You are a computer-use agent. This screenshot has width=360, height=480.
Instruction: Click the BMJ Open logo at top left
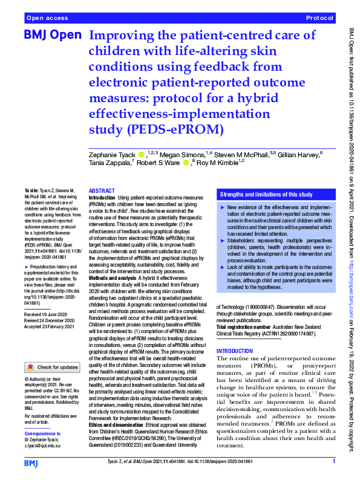click(52, 35)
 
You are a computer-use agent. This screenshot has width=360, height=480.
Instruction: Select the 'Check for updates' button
click(52, 367)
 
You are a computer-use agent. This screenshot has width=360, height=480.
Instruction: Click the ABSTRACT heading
click(101, 190)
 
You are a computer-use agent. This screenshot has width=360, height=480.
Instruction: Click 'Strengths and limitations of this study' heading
click(266, 195)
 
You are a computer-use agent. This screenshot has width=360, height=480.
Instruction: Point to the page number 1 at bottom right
click(333, 462)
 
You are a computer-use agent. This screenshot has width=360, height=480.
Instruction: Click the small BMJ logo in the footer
click(31, 462)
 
